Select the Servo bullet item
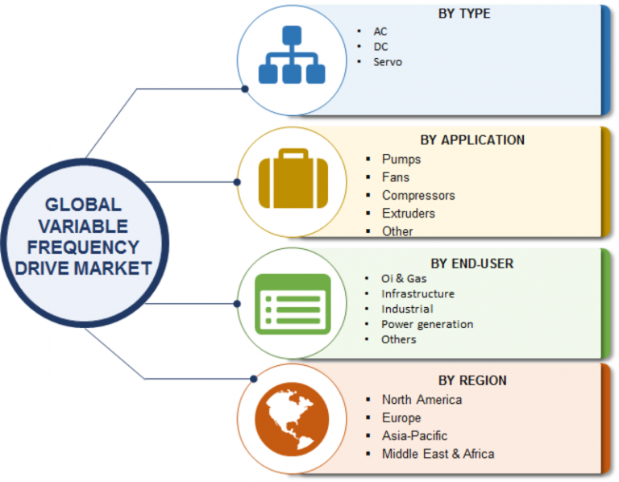click(388, 61)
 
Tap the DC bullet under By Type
click(380, 46)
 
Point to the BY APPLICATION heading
click(472, 139)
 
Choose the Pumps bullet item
click(401, 159)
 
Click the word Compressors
click(418, 195)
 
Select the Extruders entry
click(409, 214)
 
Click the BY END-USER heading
click(472, 263)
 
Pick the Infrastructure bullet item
click(418, 294)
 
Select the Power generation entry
click(427, 324)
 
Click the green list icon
click(292, 304)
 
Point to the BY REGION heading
click(473, 380)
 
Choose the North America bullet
click(422, 399)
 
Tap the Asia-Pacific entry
click(414, 436)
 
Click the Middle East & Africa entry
click(438, 454)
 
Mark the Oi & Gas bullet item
click(404, 279)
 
